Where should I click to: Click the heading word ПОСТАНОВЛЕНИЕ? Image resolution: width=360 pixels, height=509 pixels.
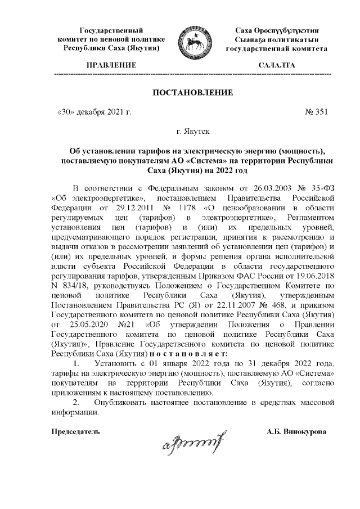[x=192, y=92]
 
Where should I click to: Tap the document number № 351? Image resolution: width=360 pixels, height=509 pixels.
[x=316, y=112]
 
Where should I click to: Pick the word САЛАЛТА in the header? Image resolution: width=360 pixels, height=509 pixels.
[x=276, y=66]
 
